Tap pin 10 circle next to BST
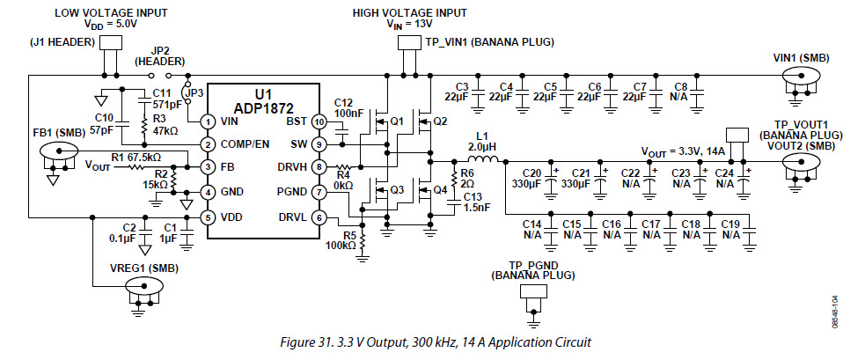(319, 121)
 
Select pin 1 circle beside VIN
(208, 121)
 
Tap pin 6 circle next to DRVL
(319, 217)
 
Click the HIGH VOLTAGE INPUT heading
(409, 13)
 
